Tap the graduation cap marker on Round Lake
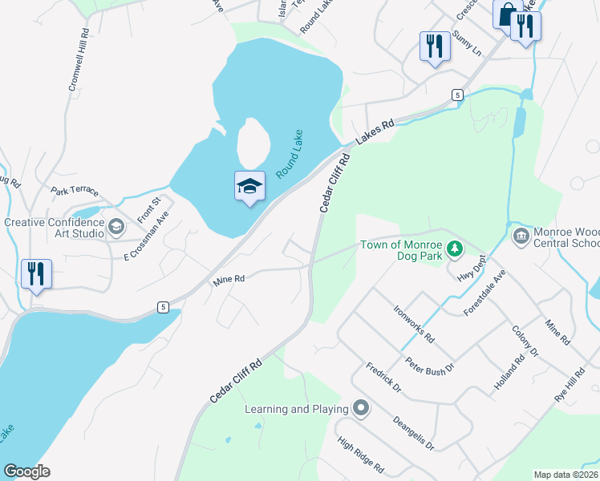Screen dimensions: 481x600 coord(249,187)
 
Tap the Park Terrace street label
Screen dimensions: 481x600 coord(75,192)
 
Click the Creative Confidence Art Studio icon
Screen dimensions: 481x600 coord(116,228)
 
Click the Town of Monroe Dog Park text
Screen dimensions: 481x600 coord(400,250)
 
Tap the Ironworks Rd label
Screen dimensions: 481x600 coord(414,324)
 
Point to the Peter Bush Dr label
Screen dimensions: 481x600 coord(429,366)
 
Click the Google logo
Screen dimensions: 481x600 coord(27,471)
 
